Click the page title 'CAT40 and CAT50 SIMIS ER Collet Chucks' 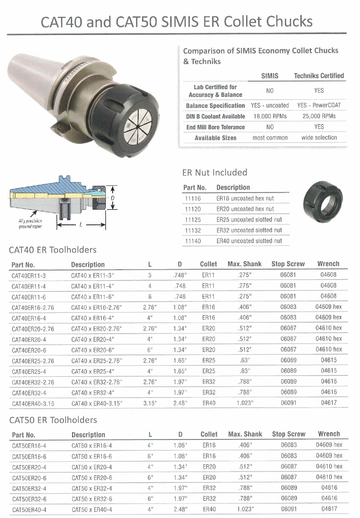[176, 21]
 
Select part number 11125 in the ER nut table [192, 220]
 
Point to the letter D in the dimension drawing [113, 198]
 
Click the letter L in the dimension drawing [81, 224]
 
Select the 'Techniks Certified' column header [319, 76]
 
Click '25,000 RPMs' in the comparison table [318, 116]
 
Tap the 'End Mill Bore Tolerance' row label [215, 127]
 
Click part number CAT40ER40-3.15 [33, 403]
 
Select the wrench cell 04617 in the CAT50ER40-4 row [329, 509]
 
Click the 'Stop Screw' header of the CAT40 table [288, 264]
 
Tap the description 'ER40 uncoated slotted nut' [249, 241]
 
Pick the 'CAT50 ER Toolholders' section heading [53, 420]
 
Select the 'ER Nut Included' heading [215, 172]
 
